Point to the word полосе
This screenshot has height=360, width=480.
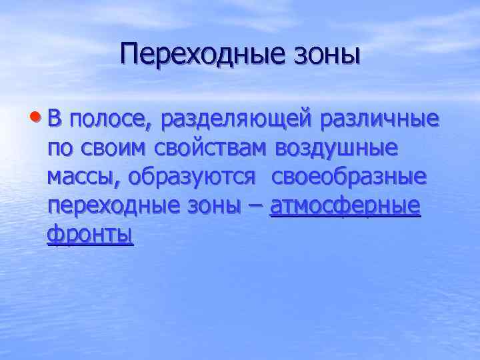109,120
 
